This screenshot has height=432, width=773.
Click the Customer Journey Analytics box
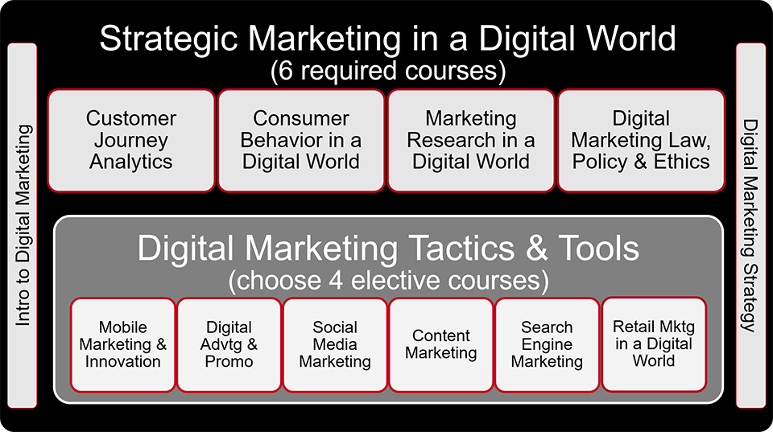coord(131,141)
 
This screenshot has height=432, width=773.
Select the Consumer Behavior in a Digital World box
coord(300,141)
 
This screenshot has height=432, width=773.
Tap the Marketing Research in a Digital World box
coord(471,141)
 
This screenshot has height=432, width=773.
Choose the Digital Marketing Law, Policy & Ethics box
coord(641,141)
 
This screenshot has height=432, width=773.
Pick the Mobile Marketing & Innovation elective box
coord(122,345)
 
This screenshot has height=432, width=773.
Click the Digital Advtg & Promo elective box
coord(229,345)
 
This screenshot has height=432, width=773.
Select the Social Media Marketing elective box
coord(335,345)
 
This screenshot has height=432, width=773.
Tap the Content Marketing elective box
coord(440,345)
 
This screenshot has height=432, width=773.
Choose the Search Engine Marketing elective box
coord(547,345)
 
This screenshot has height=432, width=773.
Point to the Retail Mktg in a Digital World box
coord(654,344)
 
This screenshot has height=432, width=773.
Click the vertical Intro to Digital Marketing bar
coord(23,225)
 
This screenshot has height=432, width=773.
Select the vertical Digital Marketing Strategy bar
coord(750,225)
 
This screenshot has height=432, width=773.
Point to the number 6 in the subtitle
coord(286,71)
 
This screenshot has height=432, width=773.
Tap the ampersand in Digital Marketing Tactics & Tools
coord(537,248)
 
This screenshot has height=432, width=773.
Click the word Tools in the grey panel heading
coord(599,248)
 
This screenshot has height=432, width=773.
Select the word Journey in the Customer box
coord(131,141)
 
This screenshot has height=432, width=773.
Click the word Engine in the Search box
coord(547,345)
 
